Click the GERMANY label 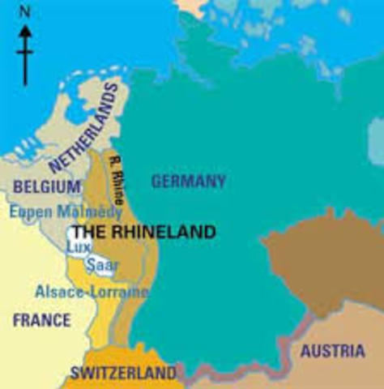188,181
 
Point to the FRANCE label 41,320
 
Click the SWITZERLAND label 122,374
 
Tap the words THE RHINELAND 144,233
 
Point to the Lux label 78,246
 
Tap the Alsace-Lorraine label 92,291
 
